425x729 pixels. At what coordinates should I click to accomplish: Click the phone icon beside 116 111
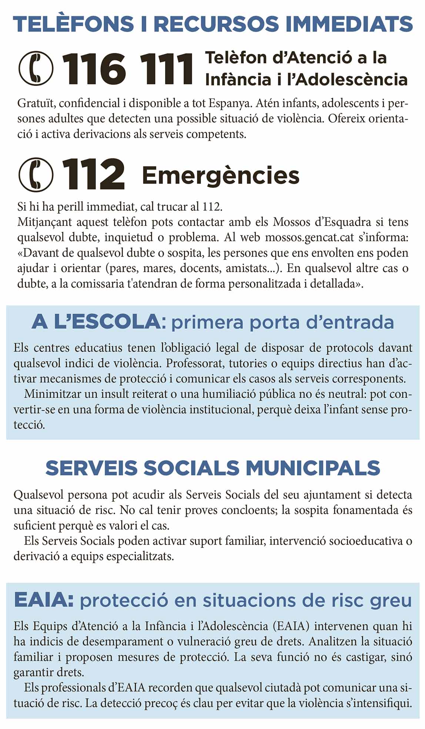(x=36, y=68)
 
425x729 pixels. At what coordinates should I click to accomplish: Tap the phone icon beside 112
(x=36, y=175)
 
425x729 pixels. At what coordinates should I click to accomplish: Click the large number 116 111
(x=128, y=69)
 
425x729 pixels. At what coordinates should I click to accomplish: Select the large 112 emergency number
(x=94, y=175)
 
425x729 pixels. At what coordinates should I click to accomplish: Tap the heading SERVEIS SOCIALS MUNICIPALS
(x=212, y=468)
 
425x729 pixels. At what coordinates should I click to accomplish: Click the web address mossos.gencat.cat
(x=310, y=237)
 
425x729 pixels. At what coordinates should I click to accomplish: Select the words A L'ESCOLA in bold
(x=97, y=322)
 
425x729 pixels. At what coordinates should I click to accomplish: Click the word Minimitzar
(x=53, y=394)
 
